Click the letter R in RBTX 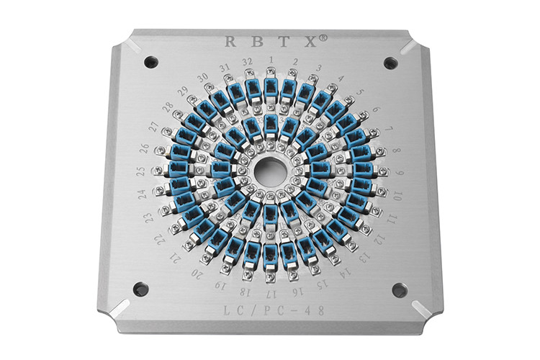point(230,41)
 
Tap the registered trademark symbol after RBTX point(323,37)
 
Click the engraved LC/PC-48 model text point(274,310)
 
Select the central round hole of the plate point(271,169)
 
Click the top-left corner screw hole point(151,62)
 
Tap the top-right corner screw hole point(390,63)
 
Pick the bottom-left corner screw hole point(140,289)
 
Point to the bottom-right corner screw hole point(400,290)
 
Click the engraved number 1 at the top point(271,60)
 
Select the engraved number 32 point(247,62)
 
